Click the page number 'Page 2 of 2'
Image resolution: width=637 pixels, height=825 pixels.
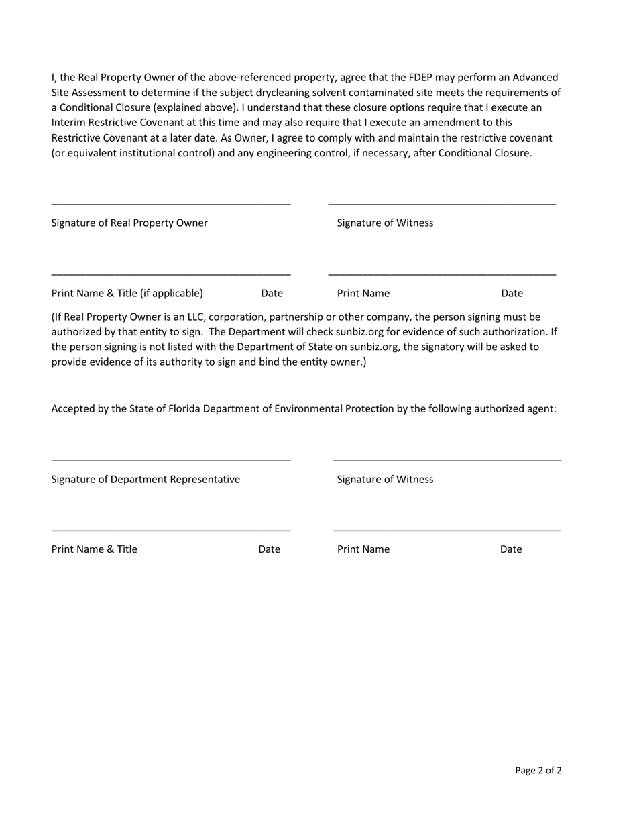[538, 770]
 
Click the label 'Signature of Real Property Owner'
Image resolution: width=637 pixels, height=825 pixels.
[129, 223]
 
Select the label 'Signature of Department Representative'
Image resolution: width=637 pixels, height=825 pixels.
[146, 479]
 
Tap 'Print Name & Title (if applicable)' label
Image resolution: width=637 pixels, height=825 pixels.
[127, 293]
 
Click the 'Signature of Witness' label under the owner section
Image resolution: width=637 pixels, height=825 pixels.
[385, 223]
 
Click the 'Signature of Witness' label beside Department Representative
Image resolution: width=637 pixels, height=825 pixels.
[385, 479]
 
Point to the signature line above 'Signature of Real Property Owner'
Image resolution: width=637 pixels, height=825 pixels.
[171, 203]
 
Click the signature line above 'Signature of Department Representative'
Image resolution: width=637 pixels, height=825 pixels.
[171, 460]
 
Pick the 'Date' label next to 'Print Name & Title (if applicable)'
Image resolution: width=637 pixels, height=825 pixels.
[272, 293]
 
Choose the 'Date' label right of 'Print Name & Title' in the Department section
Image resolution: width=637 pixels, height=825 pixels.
[269, 549]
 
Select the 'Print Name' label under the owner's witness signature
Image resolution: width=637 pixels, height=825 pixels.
[363, 293]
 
